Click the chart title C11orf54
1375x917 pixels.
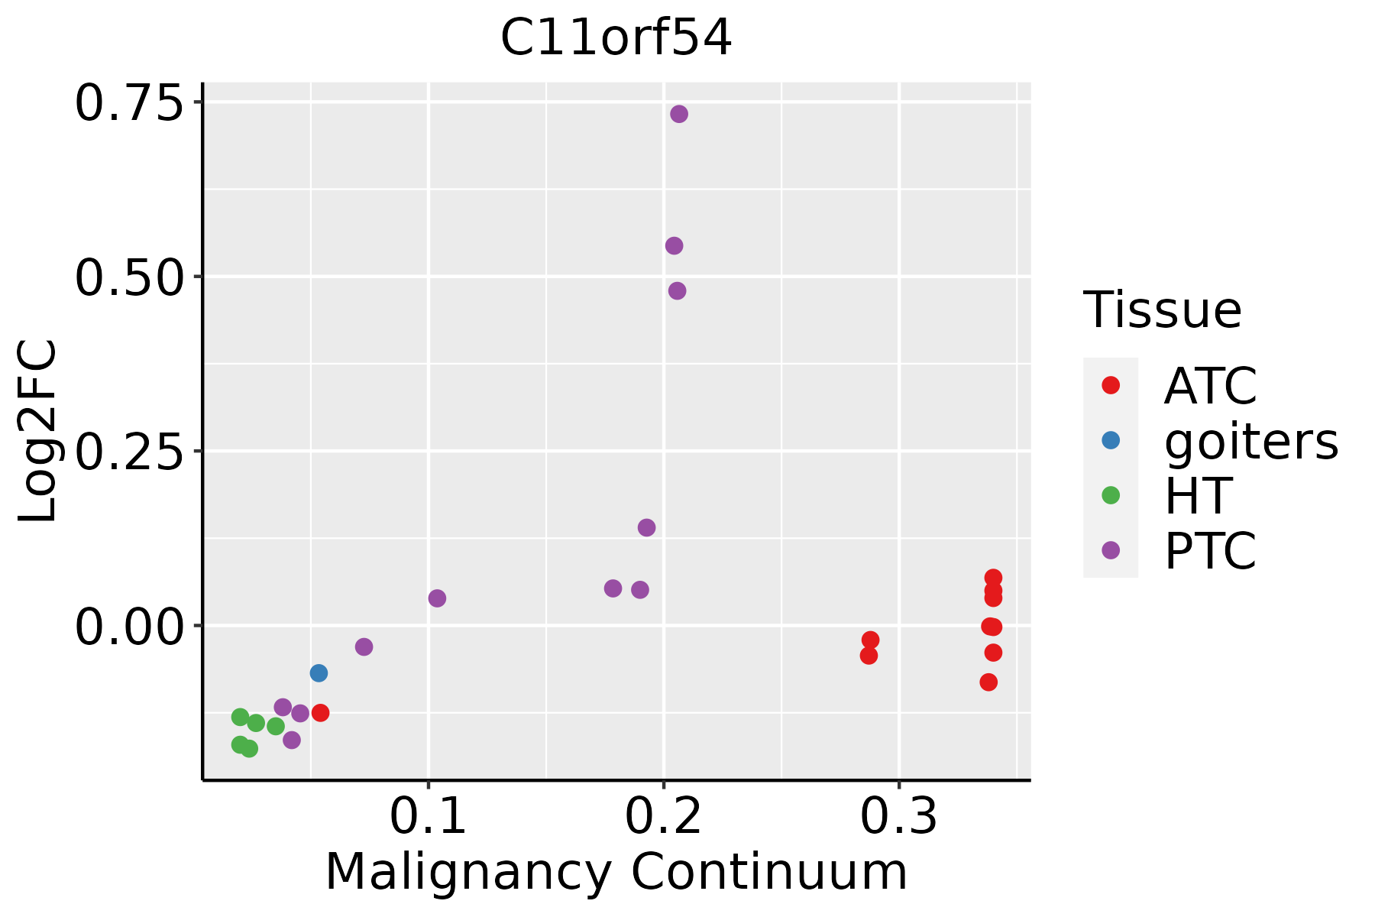coord(616,38)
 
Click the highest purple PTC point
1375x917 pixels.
coord(679,114)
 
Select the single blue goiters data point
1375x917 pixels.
coord(319,673)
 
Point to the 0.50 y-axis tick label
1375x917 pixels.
coord(130,277)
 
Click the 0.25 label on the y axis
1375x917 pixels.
coord(130,452)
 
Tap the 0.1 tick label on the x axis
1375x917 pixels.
coord(428,817)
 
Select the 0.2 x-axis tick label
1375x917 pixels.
coord(663,817)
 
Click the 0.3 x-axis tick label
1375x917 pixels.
coord(899,817)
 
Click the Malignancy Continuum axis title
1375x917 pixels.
coord(616,873)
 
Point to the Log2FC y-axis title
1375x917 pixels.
coord(38,431)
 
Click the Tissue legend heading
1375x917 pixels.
coord(1163,310)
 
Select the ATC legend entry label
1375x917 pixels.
coord(1211,386)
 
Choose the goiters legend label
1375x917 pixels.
coord(1251,442)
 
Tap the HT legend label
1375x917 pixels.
coord(1198,496)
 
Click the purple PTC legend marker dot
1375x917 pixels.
coord(1111,550)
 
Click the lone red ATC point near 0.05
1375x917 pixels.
coord(321,713)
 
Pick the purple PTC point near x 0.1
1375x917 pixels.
coord(437,598)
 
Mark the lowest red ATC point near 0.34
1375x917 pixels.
coord(988,682)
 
